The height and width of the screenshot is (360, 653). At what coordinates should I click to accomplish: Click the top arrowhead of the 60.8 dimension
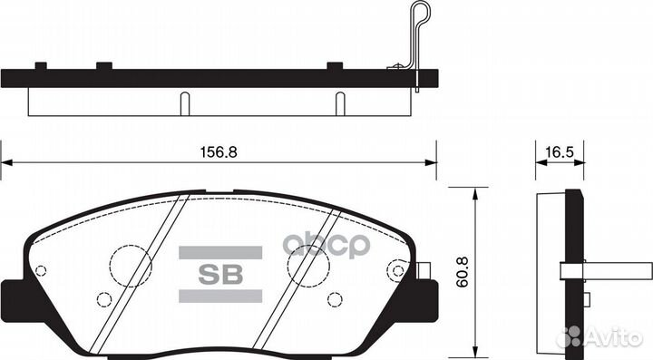tap(474, 191)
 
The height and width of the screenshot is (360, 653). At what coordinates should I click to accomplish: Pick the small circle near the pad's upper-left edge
tap(40, 269)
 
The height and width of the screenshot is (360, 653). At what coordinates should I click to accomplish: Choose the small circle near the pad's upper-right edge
tap(395, 269)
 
